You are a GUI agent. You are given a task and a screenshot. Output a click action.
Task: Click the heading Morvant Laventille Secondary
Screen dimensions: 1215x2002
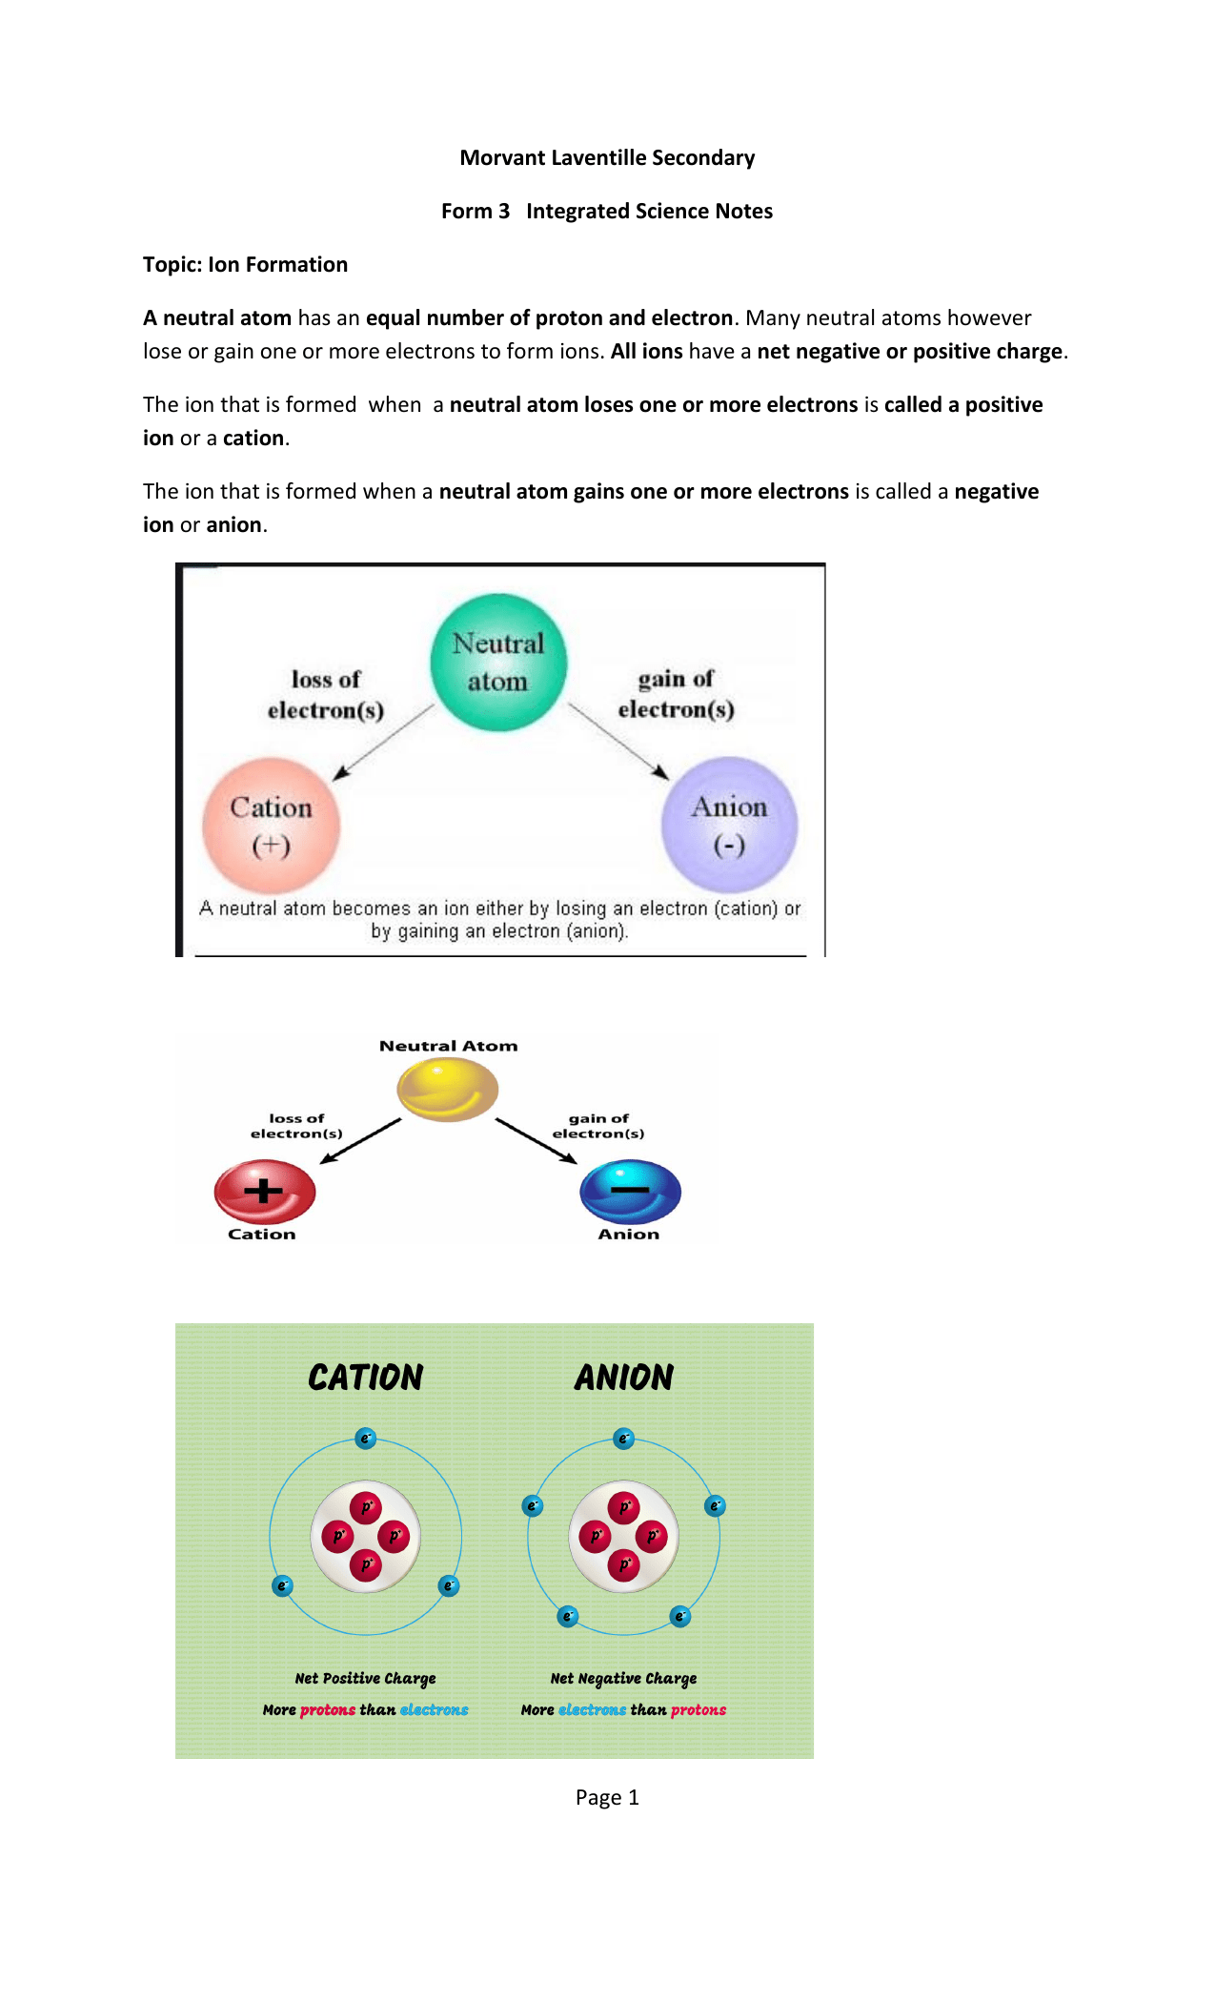pyautogui.click(x=607, y=158)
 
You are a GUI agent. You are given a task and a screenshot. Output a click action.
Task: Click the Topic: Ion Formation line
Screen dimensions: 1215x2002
pyautogui.click(x=245, y=265)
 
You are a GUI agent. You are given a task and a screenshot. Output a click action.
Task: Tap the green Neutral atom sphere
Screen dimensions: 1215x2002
pyautogui.click(x=498, y=663)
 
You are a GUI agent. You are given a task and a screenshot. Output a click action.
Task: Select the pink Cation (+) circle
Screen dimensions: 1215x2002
pyautogui.click(x=272, y=826)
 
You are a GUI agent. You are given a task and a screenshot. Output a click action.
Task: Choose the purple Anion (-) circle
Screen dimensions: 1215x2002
pyautogui.click(x=730, y=825)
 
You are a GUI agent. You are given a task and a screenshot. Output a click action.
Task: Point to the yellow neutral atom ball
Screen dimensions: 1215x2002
pyautogui.click(x=448, y=1090)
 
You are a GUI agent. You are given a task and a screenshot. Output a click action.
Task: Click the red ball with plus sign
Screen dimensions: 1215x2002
pyautogui.click(x=265, y=1192)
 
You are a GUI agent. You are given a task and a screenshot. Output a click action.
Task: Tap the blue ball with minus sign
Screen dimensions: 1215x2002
pyautogui.click(x=631, y=1192)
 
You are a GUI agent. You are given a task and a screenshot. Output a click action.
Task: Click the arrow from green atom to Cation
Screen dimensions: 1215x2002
pyautogui.click(x=383, y=743)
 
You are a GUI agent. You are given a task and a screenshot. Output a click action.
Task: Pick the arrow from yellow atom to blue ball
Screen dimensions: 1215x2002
pyautogui.click(x=537, y=1141)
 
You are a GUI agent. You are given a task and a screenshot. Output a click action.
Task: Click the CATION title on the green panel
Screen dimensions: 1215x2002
pyautogui.click(x=366, y=1378)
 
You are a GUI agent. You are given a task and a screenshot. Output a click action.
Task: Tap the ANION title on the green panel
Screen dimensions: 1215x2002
pyautogui.click(x=624, y=1378)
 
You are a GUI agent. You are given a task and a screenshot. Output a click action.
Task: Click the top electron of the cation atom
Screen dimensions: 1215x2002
pyautogui.click(x=366, y=1439)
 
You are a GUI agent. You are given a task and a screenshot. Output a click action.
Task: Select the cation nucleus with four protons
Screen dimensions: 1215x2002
pyautogui.click(x=366, y=1537)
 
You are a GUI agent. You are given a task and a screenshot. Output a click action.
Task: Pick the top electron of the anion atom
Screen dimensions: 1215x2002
pyautogui.click(x=624, y=1439)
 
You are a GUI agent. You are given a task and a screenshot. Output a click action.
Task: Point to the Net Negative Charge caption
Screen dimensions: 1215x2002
pyautogui.click(x=623, y=1679)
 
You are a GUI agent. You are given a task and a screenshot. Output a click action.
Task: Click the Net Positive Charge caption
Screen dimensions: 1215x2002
pyautogui.click(x=365, y=1679)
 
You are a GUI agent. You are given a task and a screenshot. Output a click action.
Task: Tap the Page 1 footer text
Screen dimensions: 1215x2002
pyautogui.click(x=607, y=1798)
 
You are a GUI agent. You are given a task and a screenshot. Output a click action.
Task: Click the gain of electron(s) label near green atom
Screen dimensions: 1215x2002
pyautogui.click(x=677, y=694)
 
